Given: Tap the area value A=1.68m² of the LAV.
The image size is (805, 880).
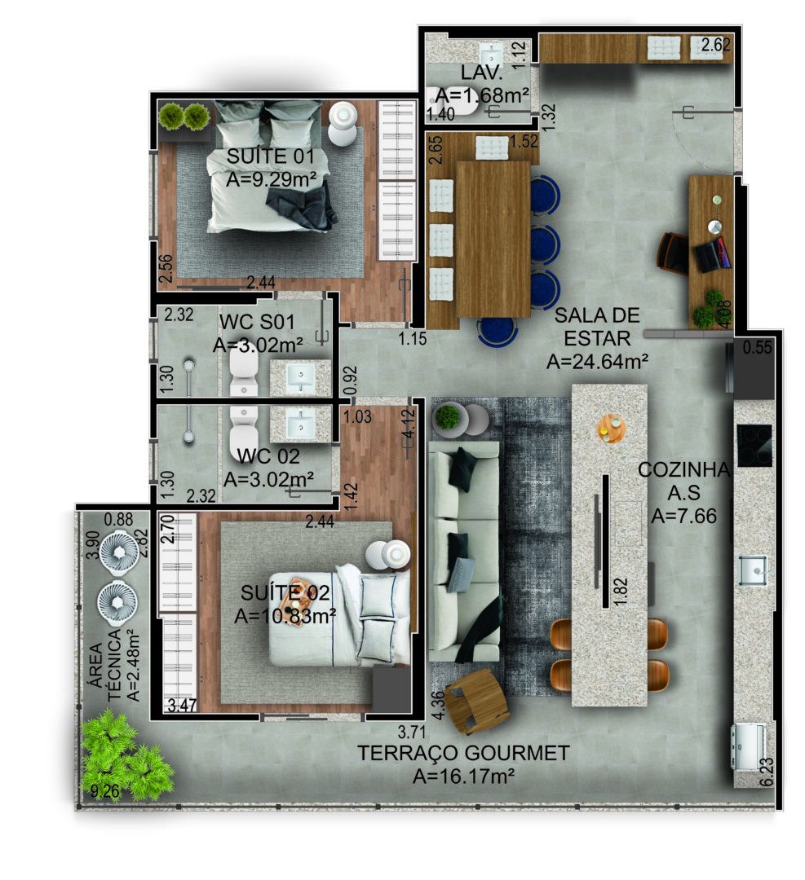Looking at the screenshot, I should [482, 95].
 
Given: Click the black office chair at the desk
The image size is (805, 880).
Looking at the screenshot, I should [674, 253].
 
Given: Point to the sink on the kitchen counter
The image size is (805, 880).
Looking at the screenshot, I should [752, 570].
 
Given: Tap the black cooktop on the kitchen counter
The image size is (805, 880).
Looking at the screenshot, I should [754, 445].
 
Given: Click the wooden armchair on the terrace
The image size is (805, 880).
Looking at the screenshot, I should [476, 699].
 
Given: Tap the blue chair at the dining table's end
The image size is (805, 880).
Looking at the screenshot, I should [497, 331].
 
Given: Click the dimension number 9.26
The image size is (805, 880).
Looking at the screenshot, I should [104, 790].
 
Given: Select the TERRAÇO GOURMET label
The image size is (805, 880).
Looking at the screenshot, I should [462, 754].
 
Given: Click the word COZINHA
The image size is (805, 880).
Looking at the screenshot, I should [673, 470].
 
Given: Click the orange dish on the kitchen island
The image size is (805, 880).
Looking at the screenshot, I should [611, 428].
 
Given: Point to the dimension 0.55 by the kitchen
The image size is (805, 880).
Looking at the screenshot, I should [757, 348].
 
